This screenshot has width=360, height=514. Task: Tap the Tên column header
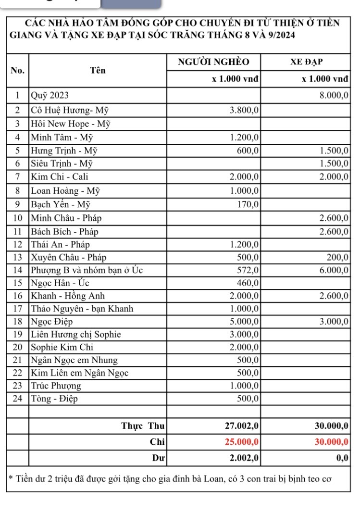coord(98,70)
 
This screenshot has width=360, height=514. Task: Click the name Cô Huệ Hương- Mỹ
coord(70,110)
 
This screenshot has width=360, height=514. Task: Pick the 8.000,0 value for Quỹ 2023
coord(334,96)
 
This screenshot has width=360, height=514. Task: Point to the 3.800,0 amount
coord(245,110)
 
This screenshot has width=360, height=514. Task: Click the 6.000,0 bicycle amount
coord(334,270)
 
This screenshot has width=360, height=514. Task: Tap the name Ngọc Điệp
coord(52,321)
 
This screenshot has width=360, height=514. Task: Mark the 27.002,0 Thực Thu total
coord(242,425)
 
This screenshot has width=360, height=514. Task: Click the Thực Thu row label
coord(143,425)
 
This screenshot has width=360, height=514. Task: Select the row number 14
coord(17,270)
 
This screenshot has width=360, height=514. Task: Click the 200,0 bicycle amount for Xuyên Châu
coord(338,256)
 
